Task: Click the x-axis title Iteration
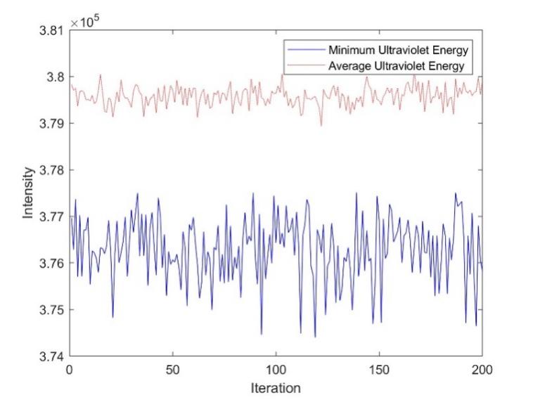point(276,387)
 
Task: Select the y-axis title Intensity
point(28,193)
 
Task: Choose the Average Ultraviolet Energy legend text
point(397,66)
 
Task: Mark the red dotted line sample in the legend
point(302,66)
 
